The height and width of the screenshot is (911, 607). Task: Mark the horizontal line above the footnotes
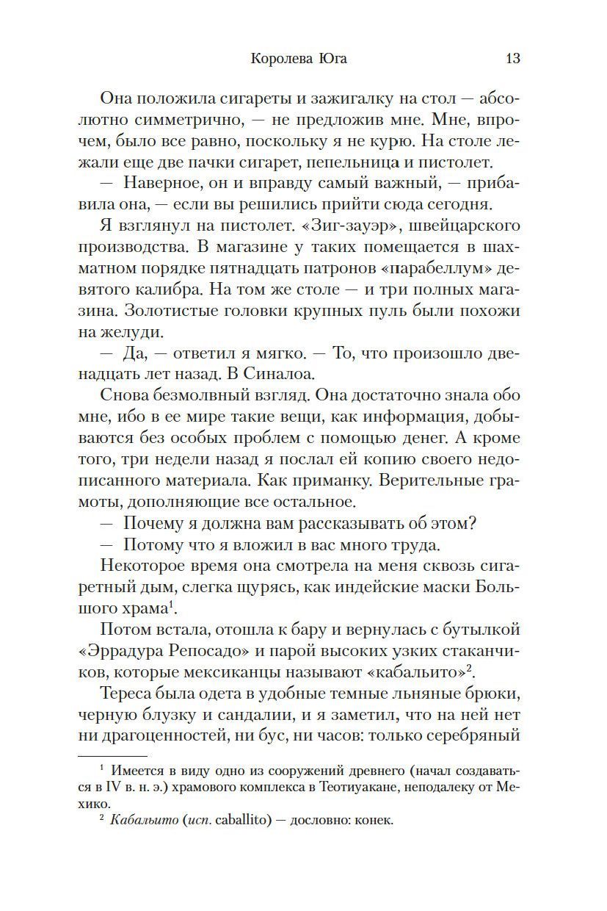[x=113, y=755]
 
